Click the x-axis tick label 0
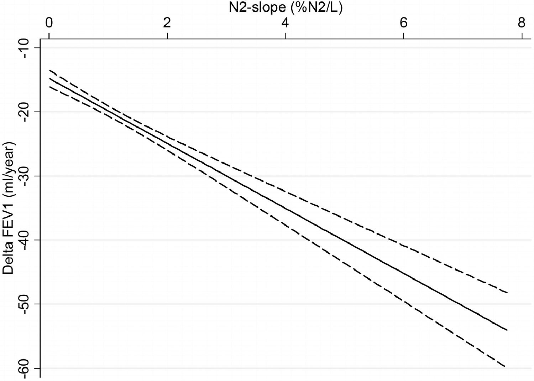tap(49, 23)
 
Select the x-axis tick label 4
tap(285, 23)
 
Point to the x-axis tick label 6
tap(403, 23)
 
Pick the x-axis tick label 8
tap(522, 23)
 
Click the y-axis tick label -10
tap(27, 47)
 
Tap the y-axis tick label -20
tap(27, 112)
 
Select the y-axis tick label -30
tap(27, 176)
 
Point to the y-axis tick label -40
tap(27, 240)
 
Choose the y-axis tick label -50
tap(27, 304)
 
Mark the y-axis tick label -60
tap(27, 368)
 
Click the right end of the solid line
tap(507, 330)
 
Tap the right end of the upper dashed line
tap(507, 293)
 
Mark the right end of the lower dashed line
tap(505, 366)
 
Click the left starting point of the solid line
tap(50, 78)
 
